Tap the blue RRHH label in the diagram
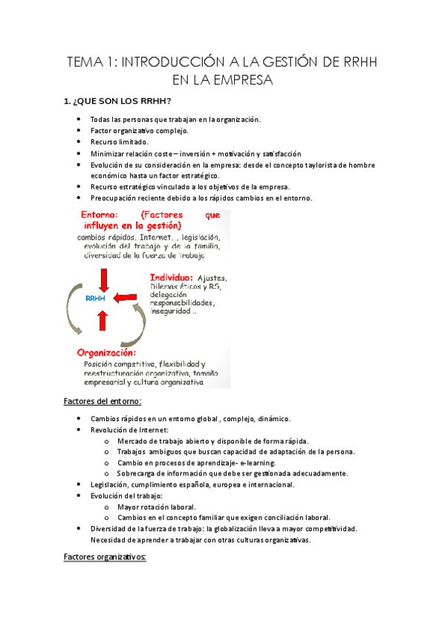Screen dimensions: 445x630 [x=96, y=299]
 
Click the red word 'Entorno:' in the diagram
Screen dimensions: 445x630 [x=103, y=215]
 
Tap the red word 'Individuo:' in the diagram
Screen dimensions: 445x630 [x=171, y=278]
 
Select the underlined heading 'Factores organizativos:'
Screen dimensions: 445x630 [x=105, y=556]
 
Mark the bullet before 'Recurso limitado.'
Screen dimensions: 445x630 [x=79, y=141]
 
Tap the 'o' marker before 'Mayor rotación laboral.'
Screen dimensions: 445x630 [x=108, y=507]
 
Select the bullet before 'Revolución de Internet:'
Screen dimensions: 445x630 [x=79, y=429]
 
